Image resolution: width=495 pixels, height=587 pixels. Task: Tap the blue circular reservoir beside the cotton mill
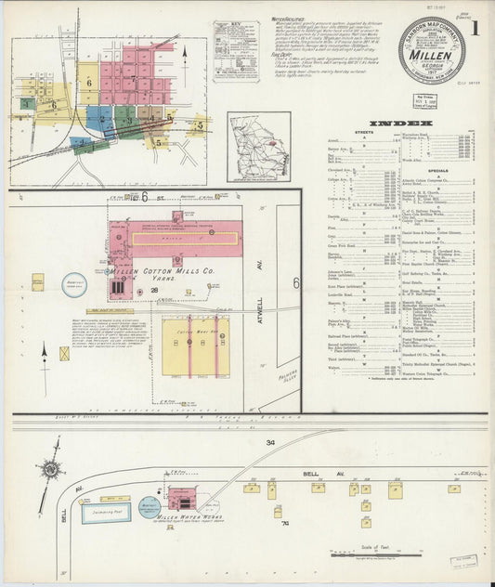click(x=75, y=285)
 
